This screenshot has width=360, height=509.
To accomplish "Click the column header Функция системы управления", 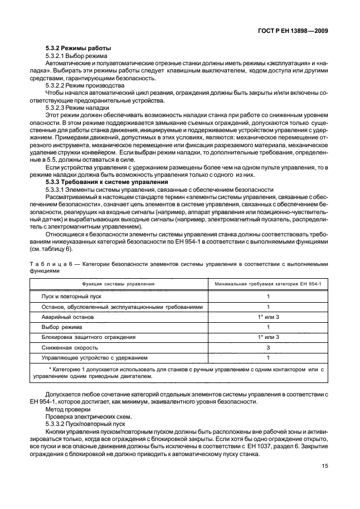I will tap(118, 284).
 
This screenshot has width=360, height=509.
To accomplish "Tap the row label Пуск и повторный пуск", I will tap(69, 297).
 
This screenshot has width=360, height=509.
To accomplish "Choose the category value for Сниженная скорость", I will tap(268, 347).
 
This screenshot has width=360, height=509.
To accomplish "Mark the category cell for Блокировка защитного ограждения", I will tap(268, 337).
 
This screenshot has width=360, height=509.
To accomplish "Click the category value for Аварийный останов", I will tap(268, 317).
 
